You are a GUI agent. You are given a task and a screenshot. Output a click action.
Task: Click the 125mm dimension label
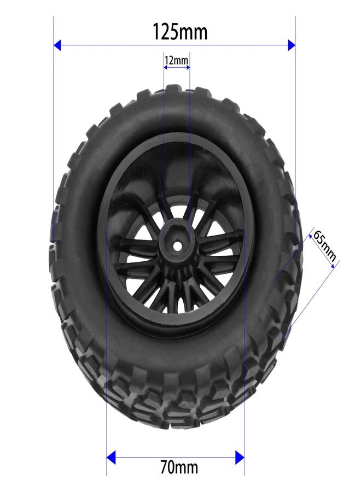tap(180, 32)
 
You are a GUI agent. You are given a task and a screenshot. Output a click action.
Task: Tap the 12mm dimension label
tap(176, 60)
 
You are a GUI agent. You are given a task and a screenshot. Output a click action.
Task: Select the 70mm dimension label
tap(179, 467)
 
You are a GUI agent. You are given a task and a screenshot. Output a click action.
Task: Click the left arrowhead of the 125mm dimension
tap(58, 45)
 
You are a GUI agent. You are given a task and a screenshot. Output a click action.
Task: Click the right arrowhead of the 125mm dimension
tap(291, 45)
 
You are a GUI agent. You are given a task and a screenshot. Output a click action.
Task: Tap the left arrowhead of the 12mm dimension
tap(166, 67)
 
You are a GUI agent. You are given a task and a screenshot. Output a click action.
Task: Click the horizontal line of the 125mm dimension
tap(175, 45)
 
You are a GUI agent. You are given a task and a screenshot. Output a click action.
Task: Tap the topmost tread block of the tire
tap(175, 91)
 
